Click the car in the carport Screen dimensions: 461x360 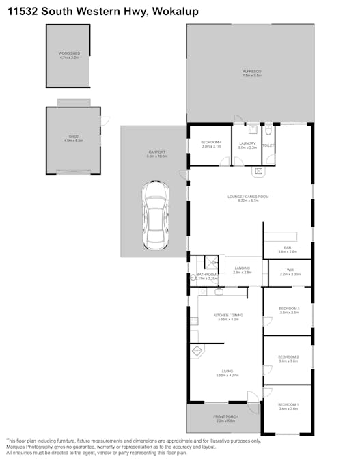pos(156,216)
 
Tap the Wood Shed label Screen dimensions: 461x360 pos(69,53)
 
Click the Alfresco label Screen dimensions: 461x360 pos(251,72)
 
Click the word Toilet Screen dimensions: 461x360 pos(268,145)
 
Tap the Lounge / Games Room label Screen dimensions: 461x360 pos(248,197)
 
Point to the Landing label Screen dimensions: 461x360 pos(243,268)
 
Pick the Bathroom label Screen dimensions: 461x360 pos(206,275)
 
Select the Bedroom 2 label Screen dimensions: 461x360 pos(288,357)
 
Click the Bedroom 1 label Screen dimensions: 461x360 pos(288,405)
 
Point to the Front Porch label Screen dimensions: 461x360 pos(225,417)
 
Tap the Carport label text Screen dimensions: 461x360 pos(156,152)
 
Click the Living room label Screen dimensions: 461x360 pos(226,372)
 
